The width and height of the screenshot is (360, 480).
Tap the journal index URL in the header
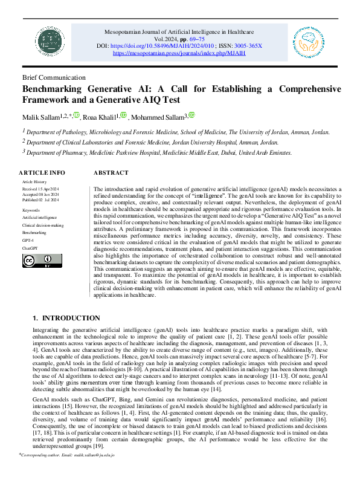coord(179,53)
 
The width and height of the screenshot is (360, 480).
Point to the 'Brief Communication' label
coord(54,77)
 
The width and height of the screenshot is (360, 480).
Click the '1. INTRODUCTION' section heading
coord(66,318)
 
